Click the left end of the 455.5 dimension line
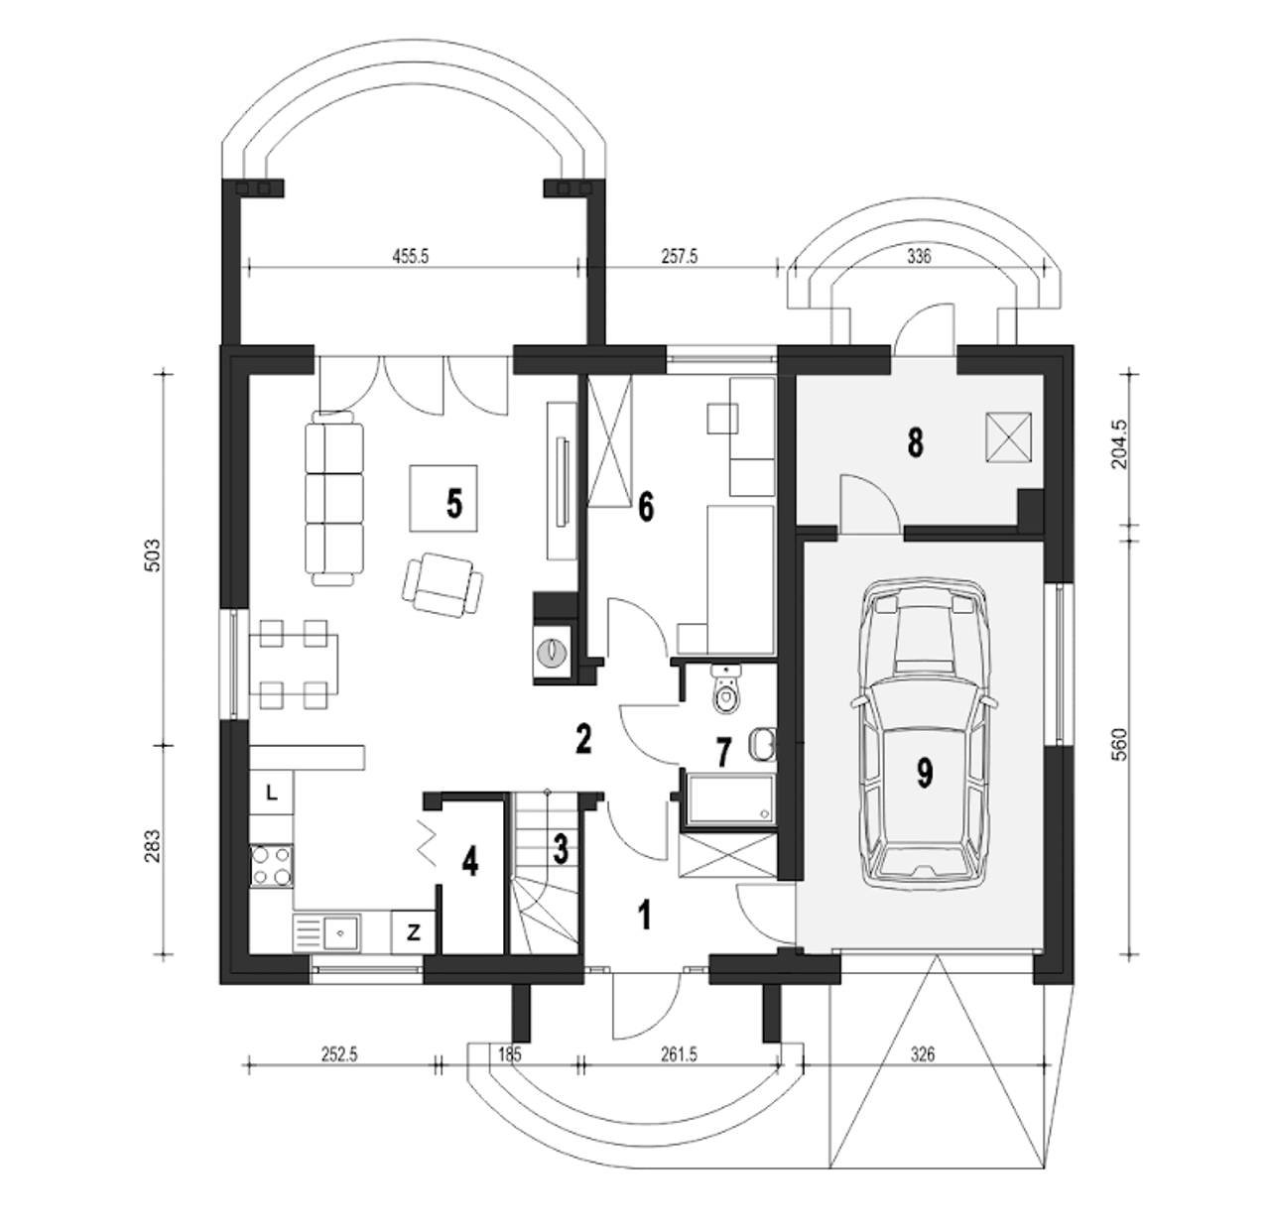tap(247, 267)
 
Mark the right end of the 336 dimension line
tap(1043, 267)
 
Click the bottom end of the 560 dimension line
tap(1129, 954)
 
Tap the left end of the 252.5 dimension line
tap(247, 1066)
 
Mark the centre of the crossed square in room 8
tap(1008, 437)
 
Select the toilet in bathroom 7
tap(725, 689)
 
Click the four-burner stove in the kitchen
tap(272, 866)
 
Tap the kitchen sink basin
tap(340, 932)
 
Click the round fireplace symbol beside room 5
tap(552, 652)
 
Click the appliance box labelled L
tap(272, 793)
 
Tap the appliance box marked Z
tap(413, 933)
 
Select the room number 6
tap(646, 507)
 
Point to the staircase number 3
tap(561, 849)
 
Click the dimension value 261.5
tap(678, 1054)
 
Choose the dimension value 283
tap(152, 846)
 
